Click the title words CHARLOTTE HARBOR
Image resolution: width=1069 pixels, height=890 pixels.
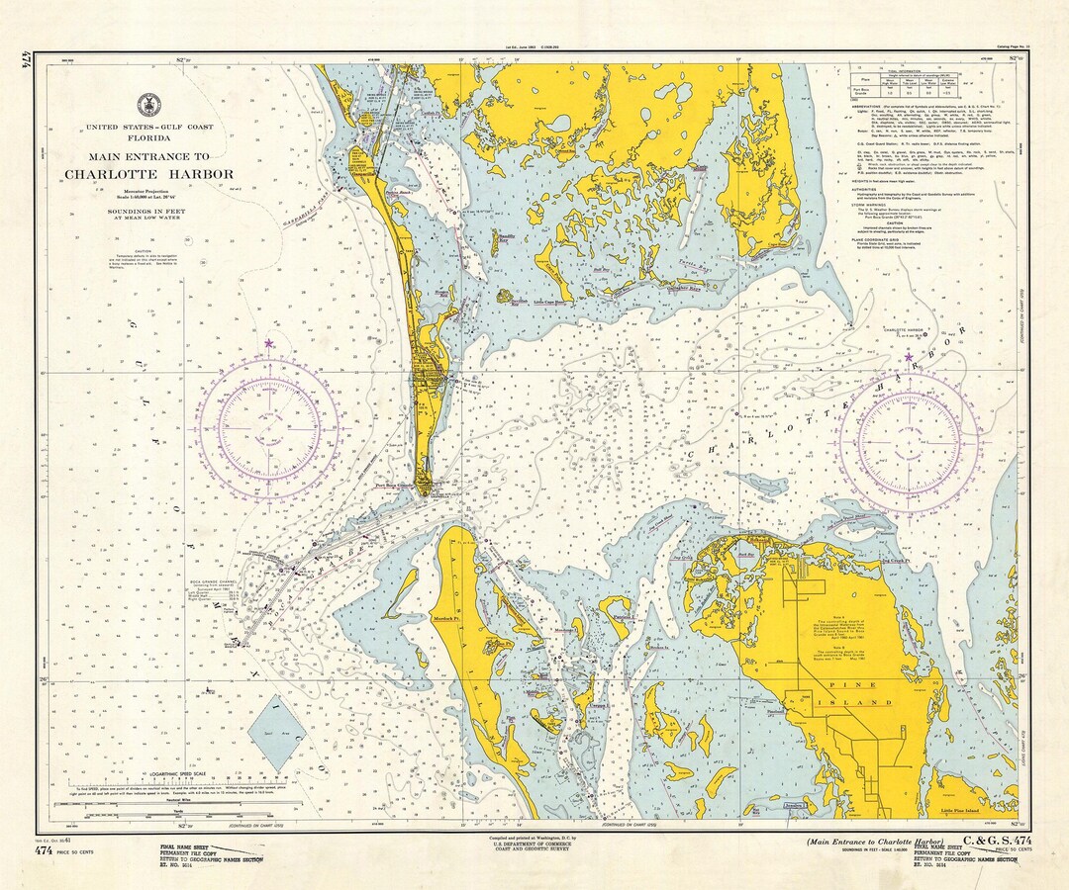coord(148,174)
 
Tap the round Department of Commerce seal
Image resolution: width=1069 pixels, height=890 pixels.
coord(148,102)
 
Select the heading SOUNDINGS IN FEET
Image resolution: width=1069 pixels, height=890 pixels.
coord(148,212)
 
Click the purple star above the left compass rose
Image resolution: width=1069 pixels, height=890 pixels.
coord(268,344)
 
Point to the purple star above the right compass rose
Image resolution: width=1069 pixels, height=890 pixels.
coord(909,357)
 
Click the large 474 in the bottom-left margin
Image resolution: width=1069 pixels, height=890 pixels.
coord(44,850)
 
